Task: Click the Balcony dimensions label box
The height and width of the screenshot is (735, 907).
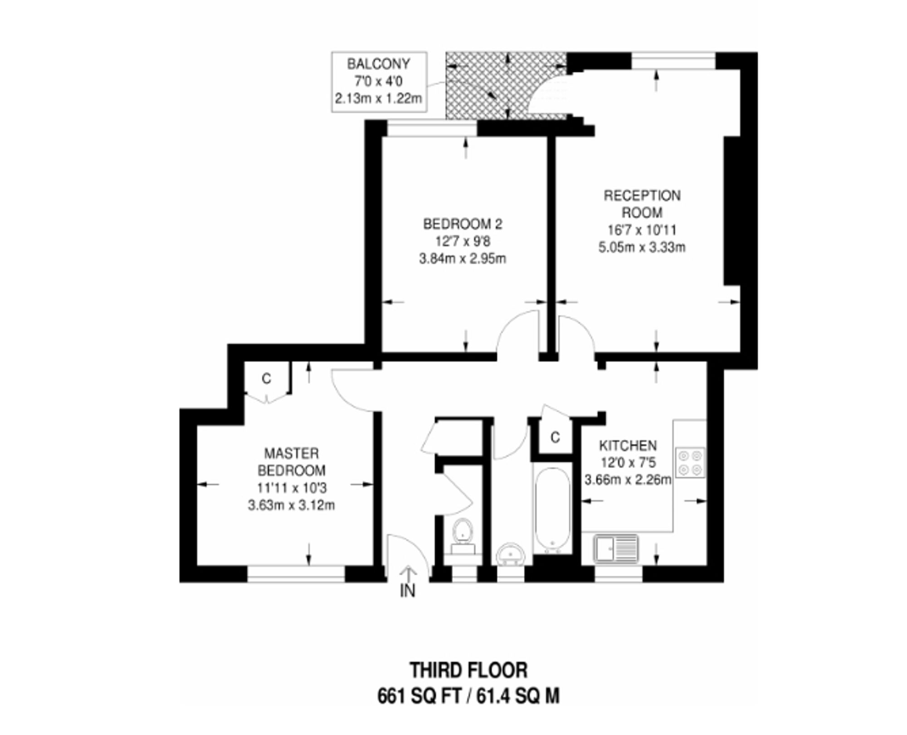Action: tap(379, 82)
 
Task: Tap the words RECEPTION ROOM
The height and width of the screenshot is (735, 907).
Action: tap(642, 204)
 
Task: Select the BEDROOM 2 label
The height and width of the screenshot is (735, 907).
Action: tap(463, 224)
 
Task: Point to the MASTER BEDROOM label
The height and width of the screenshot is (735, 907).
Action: tap(291, 461)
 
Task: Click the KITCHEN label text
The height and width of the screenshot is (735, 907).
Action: tap(628, 446)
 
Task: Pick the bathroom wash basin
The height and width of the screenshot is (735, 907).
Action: tap(511, 554)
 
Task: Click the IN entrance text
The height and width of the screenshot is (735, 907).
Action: tap(408, 591)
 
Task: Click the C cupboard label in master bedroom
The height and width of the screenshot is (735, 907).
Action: tap(267, 378)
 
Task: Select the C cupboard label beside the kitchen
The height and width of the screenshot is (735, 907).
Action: tap(555, 437)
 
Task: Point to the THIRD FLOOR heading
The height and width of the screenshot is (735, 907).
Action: tap(469, 670)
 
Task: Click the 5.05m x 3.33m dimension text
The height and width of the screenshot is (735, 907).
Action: tap(642, 247)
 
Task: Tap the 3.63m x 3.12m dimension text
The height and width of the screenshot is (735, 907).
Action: tap(291, 505)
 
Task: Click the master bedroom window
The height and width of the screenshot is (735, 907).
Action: tap(296, 573)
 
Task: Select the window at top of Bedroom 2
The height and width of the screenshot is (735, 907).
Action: tap(432, 128)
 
